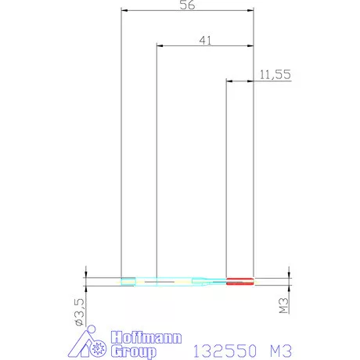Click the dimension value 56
click(x=187, y=5)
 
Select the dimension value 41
click(x=205, y=41)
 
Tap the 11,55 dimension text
click(x=275, y=74)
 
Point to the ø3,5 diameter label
click(x=80, y=312)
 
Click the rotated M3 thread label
click(x=283, y=305)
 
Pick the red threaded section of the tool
click(x=240, y=282)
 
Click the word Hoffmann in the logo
click(x=146, y=337)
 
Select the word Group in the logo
click(x=134, y=351)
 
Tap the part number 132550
click(x=225, y=351)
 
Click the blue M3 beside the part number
click(x=281, y=351)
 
